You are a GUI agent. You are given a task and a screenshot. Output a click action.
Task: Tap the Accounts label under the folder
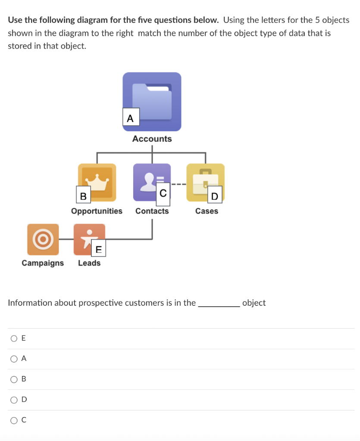pyautogui.click(x=152, y=139)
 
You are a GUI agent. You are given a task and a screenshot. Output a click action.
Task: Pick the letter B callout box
pyautogui.click(x=83, y=196)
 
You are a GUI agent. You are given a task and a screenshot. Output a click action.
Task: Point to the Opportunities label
pyautogui.click(x=97, y=211)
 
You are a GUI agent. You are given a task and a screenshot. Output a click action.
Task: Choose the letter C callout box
pyautogui.click(x=163, y=193)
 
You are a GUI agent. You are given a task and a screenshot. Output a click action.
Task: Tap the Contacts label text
pyautogui.click(x=152, y=211)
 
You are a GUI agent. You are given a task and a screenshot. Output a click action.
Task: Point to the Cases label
pyautogui.click(x=207, y=211)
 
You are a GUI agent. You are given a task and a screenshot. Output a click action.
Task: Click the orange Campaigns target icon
pyautogui.click(x=43, y=239)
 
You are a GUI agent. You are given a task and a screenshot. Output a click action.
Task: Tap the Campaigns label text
pyautogui.click(x=43, y=263)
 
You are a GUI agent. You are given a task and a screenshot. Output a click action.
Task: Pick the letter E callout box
pyautogui.click(x=98, y=249)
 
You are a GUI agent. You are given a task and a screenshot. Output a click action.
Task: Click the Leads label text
pyautogui.click(x=89, y=263)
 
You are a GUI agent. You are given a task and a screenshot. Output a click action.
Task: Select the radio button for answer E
pyautogui.click(x=14, y=339)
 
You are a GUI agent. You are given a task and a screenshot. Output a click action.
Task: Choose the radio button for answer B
pyautogui.click(x=14, y=379)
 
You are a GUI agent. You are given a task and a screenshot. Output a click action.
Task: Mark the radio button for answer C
pyautogui.click(x=14, y=420)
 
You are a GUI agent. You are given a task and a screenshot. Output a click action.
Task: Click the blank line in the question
pyautogui.click(x=219, y=304)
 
